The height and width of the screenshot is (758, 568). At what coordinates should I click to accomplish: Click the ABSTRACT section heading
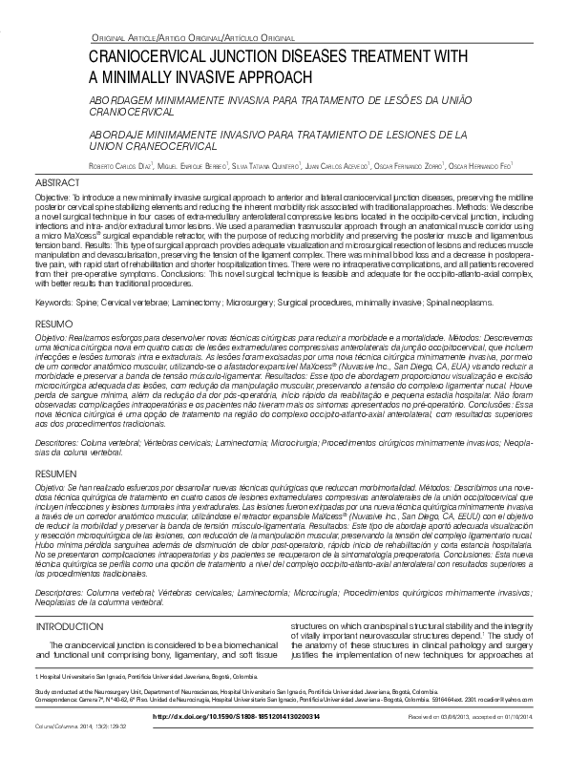(x=54, y=181)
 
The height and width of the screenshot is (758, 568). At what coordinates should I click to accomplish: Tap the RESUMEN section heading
(x=54, y=473)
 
